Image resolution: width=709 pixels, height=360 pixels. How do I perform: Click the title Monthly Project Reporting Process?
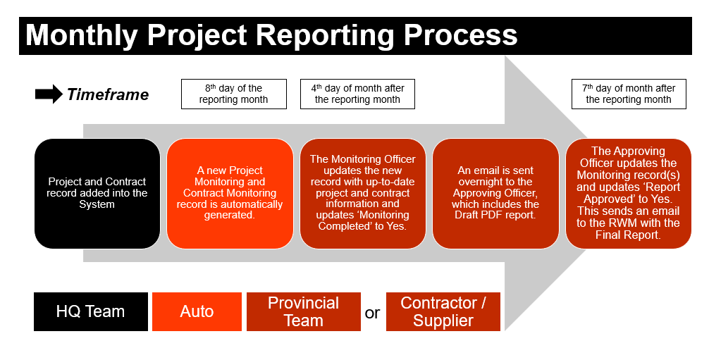(271, 35)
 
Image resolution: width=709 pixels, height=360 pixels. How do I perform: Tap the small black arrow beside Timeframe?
(49, 94)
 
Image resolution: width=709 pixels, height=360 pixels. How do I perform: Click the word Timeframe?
(108, 94)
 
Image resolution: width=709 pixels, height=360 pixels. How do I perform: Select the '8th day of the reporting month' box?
(233, 94)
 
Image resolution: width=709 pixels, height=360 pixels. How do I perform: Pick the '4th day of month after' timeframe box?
(357, 94)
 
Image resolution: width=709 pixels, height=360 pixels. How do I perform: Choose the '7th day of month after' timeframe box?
(628, 94)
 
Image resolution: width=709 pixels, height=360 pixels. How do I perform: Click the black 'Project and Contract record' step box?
(97, 193)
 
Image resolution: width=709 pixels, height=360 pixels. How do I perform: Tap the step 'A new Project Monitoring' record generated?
(230, 193)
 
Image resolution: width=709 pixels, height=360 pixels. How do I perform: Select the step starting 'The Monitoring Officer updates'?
(362, 193)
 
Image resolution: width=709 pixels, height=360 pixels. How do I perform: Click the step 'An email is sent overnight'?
(495, 193)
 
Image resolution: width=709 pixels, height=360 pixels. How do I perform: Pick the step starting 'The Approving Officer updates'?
(628, 193)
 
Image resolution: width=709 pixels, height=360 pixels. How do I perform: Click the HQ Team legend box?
(90, 311)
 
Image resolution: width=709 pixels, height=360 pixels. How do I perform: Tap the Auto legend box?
(197, 311)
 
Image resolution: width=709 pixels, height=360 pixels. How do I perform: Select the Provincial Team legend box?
(303, 311)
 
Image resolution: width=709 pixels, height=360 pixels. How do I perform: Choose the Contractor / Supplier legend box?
(443, 311)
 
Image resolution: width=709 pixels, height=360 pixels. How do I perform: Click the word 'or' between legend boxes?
(372, 313)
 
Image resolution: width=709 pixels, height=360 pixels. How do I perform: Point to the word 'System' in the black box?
(97, 204)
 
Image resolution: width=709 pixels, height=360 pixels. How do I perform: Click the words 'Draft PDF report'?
(495, 215)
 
